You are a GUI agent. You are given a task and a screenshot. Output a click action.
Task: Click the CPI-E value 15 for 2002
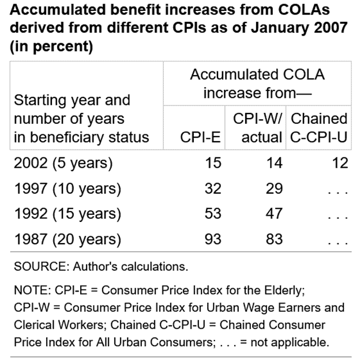pos(212,163)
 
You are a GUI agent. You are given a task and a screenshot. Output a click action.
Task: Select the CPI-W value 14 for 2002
pos(274,163)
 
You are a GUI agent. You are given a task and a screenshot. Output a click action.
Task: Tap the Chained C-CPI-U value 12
pos(339,163)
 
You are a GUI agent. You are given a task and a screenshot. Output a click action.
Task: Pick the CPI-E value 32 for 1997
pos(212,188)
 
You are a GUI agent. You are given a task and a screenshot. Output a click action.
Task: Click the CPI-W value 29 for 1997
pos(274,188)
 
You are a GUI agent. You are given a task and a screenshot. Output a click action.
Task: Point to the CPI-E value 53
pos(212,214)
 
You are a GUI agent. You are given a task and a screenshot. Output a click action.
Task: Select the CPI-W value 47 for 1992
pos(274,214)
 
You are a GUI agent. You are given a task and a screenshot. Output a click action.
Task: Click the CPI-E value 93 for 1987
pos(212,239)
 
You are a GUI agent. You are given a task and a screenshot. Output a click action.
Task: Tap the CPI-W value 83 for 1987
pos(274,239)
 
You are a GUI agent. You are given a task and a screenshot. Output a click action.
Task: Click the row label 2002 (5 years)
pos(63,163)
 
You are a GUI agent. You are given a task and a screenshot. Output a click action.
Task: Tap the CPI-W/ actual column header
pos(258,128)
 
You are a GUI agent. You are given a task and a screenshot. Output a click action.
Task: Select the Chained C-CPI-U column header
pos(319,128)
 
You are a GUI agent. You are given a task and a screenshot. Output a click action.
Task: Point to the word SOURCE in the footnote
pos(36,267)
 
